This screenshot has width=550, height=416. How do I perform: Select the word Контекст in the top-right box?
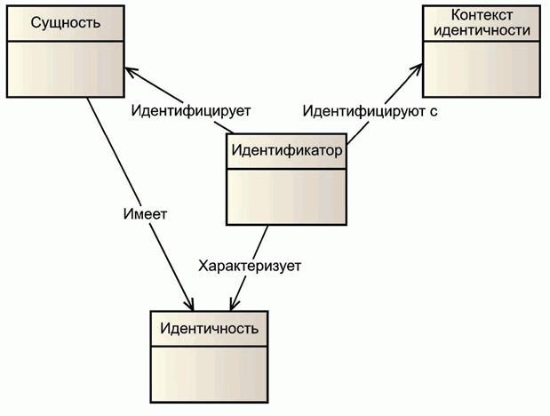pyautogui.click(x=482, y=15)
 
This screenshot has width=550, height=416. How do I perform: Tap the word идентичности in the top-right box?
pyautogui.click(x=482, y=30)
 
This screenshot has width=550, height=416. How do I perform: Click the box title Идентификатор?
pyautogui.click(x=286, y=149)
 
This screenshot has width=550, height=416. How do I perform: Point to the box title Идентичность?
pyautogui.click(x=210, y=328)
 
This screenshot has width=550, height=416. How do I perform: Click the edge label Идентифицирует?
pyautogui.click(x=191, y=112)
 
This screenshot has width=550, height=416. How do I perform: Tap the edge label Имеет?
pyautogui.click(x=146, y=214)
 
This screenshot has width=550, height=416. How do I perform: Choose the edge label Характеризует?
pyautogui.click(x=251, y=265)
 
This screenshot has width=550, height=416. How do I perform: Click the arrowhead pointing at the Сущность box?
pyautogui.click(x=129, y=69)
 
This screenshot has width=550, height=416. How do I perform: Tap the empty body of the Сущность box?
pyautogui.click(x=65, y=67)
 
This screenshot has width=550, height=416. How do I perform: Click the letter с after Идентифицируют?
pyautogui.click(x=433, y=112)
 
